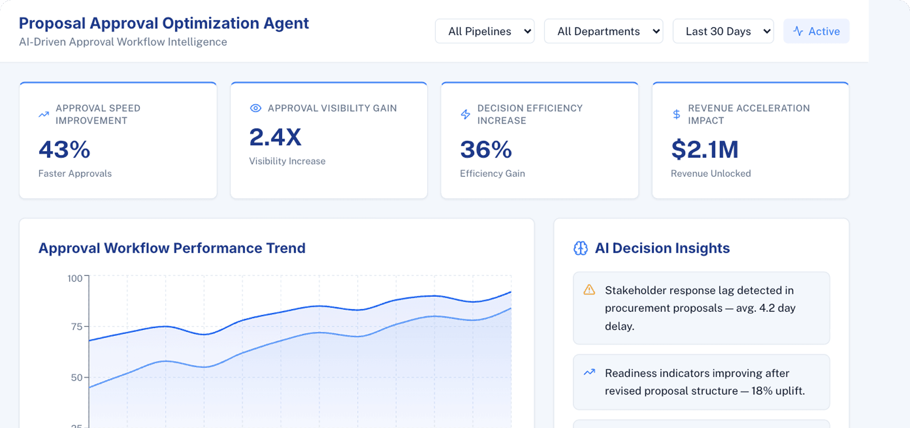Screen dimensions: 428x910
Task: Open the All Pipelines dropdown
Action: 484,31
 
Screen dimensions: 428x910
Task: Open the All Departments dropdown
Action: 603,31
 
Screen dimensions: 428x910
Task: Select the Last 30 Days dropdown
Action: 723,31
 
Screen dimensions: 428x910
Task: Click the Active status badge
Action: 816,31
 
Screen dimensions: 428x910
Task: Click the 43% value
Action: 65,150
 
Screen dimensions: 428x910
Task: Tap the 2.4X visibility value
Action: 275,137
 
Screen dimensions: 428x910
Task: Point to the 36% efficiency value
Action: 486,150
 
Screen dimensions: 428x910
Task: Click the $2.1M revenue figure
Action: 705,150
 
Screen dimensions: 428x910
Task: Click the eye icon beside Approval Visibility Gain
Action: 255,108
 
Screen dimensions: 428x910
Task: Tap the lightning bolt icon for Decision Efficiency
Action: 465,114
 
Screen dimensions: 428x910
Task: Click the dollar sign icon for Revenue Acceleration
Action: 676,114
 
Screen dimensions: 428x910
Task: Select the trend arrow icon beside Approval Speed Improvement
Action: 44,114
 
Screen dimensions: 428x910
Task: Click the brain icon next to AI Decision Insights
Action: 580,248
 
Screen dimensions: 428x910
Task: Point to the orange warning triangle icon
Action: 589,290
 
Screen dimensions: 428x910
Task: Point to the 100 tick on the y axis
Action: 75,278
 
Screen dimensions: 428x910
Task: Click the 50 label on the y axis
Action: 77,377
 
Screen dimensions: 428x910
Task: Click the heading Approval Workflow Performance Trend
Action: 172,248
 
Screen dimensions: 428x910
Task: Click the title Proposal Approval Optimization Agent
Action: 163,23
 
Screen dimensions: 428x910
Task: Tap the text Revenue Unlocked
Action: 710,173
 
